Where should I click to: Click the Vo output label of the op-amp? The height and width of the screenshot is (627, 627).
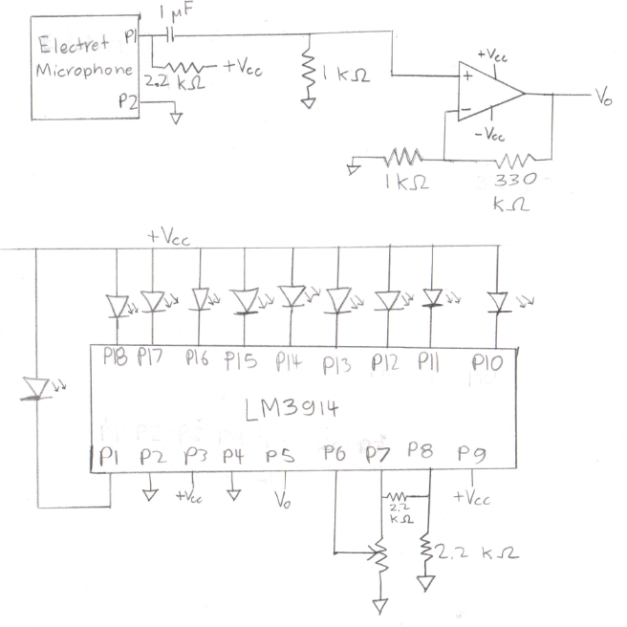click(x=603, y=98)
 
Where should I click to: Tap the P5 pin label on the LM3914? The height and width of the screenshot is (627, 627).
click(x=281, y=457)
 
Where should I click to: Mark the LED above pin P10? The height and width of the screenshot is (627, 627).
click(x=498, y=302)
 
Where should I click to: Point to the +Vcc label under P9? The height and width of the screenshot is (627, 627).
click(x=473, y=497)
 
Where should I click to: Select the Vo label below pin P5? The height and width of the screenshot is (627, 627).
click(x=281, y=500)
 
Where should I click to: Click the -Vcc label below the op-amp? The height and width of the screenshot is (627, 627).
click(x=489, y=135)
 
